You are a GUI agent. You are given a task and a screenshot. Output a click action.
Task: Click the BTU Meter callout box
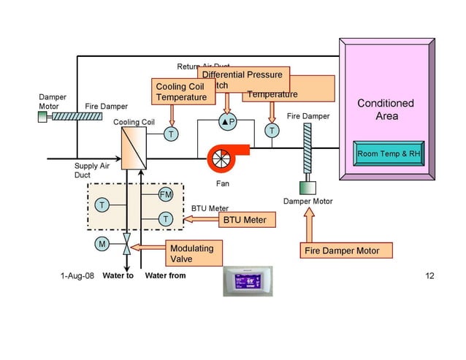click(x=245, y=219)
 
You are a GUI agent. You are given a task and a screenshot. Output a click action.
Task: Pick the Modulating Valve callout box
click(x=193, y=253)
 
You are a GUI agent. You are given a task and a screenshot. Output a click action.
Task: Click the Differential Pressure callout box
click(x=242, y=74)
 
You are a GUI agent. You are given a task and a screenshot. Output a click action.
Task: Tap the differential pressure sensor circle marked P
click(x=228, y=123)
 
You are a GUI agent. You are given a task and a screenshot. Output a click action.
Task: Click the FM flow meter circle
click(x=166, y=195)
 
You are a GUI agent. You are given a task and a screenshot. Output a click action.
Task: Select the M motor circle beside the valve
click(x=102, y=243)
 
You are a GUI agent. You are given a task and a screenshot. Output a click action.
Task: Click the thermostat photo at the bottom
click(x=247, y=281)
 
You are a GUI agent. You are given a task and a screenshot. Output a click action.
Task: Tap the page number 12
click(x=429, y=276)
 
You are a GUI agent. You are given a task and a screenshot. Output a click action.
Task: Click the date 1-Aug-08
click(x=76, y=276)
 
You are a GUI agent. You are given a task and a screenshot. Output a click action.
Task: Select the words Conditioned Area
click(x=386, y=110)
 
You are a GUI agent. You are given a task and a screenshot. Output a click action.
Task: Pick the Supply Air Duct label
click(x=91, y=170)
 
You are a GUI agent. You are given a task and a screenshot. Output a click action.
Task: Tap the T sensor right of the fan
click(x=272, y=131)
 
